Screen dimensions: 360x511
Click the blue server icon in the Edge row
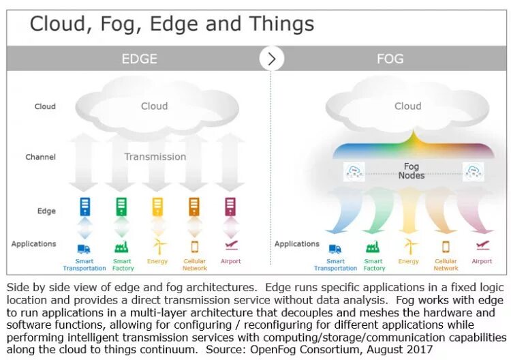(x=85, y=207)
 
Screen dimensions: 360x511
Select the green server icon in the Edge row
(x=121, y=207)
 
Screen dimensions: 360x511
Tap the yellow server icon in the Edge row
(x=158, y=207)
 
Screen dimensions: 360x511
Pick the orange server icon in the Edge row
(x=194, y=207)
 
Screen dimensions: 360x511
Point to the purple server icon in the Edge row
(x=230, y=207)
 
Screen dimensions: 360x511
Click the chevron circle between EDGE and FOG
(x=272, y=59)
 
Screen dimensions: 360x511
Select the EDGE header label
(x=140, y=59)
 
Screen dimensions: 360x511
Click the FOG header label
(x=390, y=59)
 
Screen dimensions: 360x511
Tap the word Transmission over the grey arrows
(x=155, y=157)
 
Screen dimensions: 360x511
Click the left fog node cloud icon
(x=354, y=171)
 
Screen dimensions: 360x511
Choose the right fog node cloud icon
(x=473, y=171)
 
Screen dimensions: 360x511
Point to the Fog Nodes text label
(x=412, y=171)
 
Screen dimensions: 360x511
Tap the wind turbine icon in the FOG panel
(x=409, y=245)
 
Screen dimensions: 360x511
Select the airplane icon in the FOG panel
(x=482, y=245)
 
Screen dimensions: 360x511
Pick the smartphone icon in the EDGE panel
(x=194, y=247)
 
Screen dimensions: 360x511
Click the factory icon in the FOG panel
(x=373, y=247)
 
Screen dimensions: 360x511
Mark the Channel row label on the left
(x=40, y=157)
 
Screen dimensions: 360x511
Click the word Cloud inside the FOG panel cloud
(x=407, y=106)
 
